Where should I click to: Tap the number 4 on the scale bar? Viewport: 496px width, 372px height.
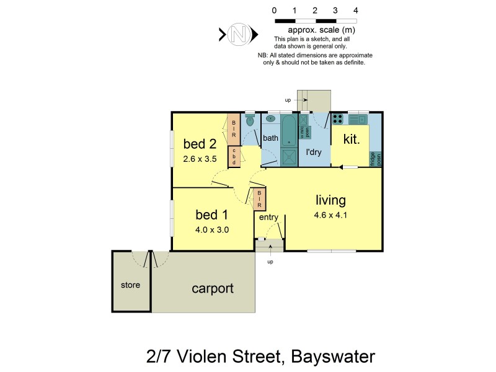click(355, 11)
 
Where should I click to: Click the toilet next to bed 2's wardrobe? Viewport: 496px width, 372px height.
click(250, 121)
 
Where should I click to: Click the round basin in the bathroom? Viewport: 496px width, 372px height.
click(271, 118)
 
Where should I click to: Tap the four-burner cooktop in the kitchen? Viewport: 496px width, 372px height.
click(339, 119)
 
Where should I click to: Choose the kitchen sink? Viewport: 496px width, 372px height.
click(358, 118)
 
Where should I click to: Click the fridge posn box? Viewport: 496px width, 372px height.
click(376, 159)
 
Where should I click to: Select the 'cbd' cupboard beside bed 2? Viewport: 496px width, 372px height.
click(234, 156)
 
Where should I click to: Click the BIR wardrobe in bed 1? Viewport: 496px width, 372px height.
click(259, 199)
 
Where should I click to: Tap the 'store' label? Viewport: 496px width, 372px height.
click(130, 285)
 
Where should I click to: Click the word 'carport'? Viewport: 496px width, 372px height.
click(212, 288)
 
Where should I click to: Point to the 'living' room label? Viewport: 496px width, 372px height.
click(330, 200)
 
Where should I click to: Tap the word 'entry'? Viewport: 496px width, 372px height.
click(268, 218)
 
